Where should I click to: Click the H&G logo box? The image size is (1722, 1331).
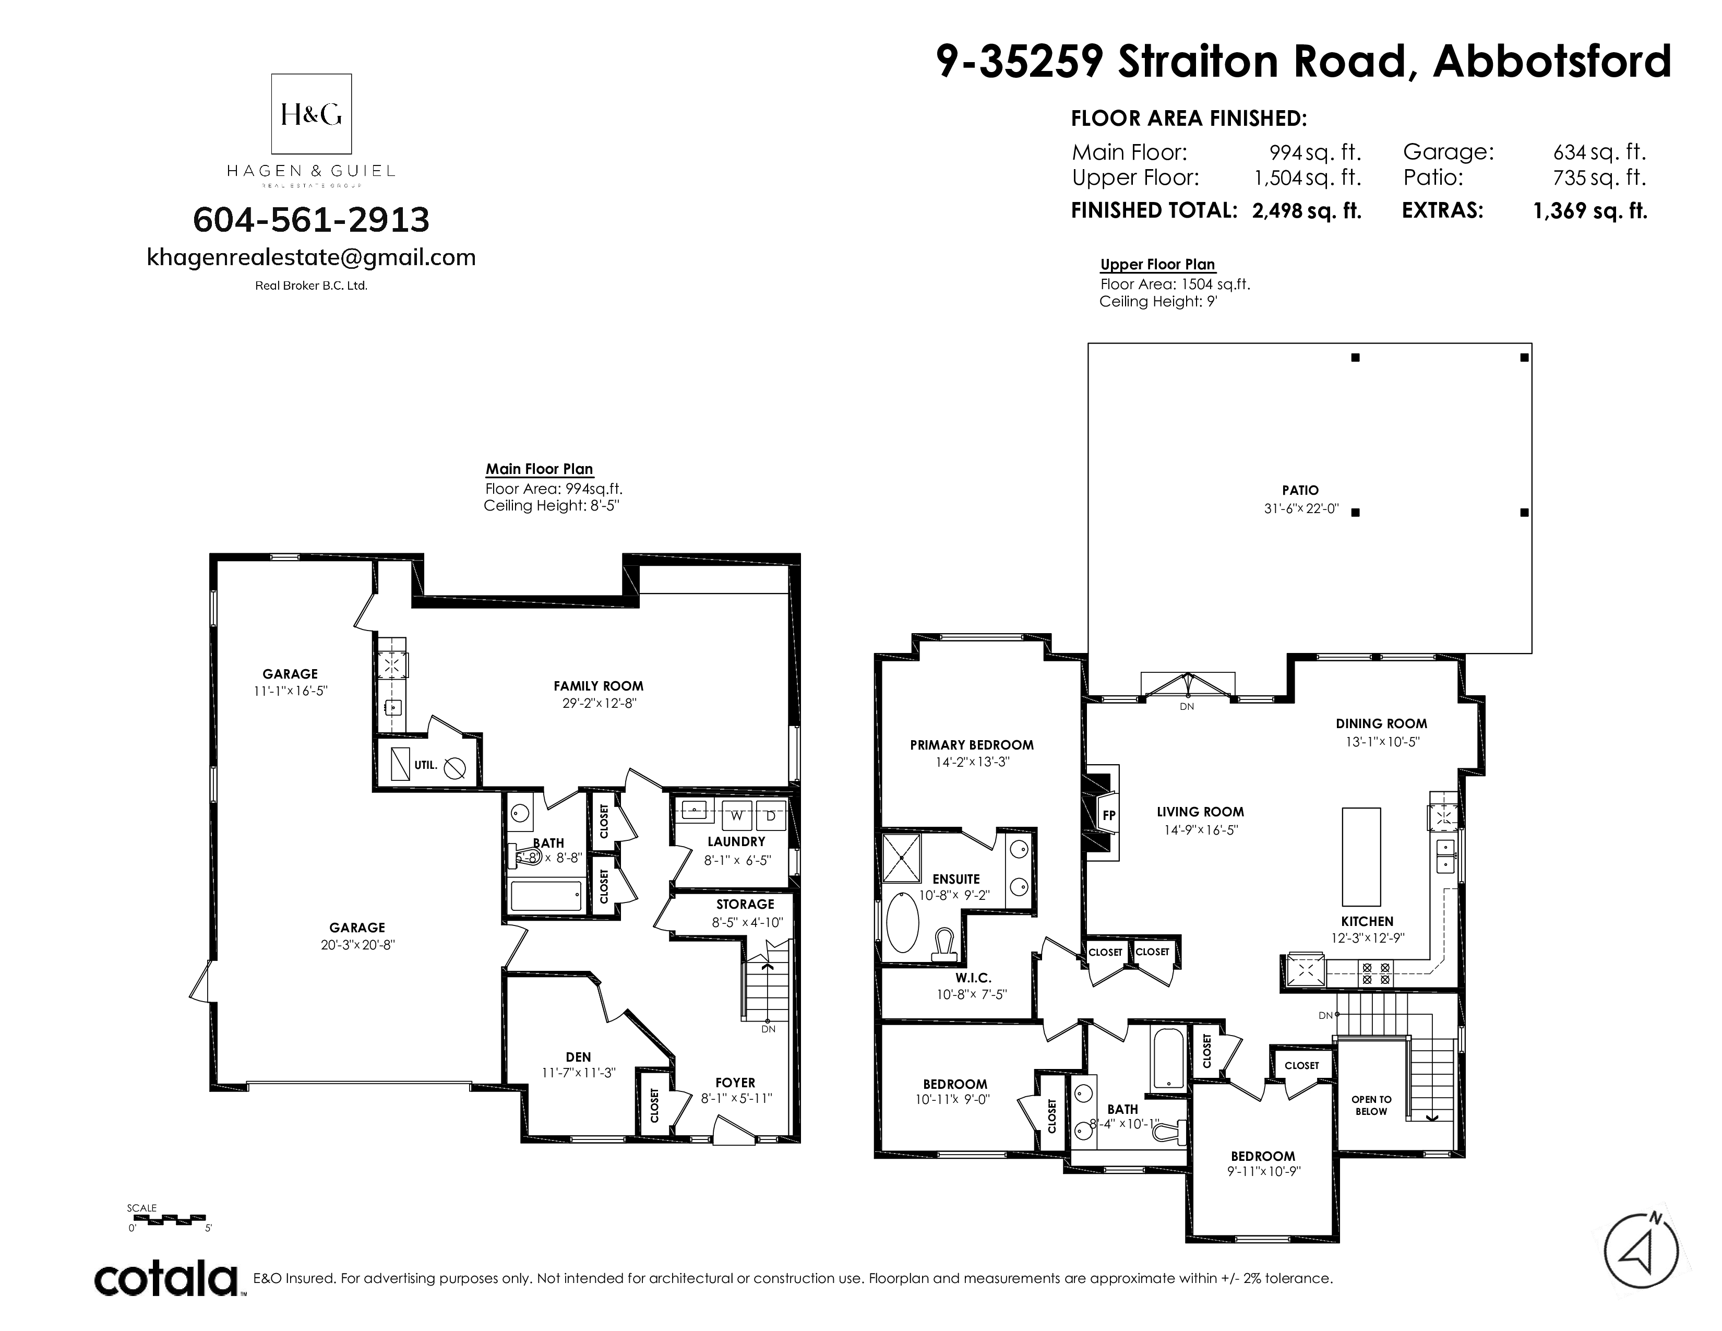312,114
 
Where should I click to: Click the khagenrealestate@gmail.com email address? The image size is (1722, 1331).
312,257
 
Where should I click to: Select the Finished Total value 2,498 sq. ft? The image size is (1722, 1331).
1307,210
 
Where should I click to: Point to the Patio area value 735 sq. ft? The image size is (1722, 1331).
1600,177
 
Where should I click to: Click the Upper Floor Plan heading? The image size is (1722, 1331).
1157,264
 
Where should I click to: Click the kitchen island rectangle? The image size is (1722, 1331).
1361,857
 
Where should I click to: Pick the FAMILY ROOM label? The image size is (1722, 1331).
599,686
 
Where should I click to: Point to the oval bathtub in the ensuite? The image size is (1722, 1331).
903,922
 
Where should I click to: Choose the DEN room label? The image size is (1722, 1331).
578,1056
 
